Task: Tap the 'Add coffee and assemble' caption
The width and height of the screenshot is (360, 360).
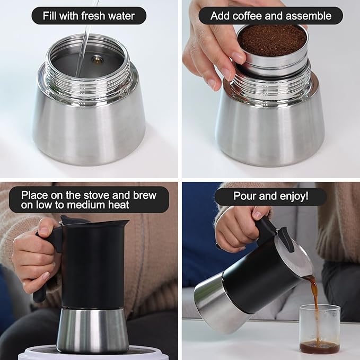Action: (x=270, y=15)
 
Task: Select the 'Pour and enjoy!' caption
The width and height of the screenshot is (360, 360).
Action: (x=270, y=196)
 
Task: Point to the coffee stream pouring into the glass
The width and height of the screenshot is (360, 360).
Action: (x=314, y=297)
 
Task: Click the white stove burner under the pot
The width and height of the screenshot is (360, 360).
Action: (x=93, y=353)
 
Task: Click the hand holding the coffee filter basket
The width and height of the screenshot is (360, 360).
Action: (x=212, y=48)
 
